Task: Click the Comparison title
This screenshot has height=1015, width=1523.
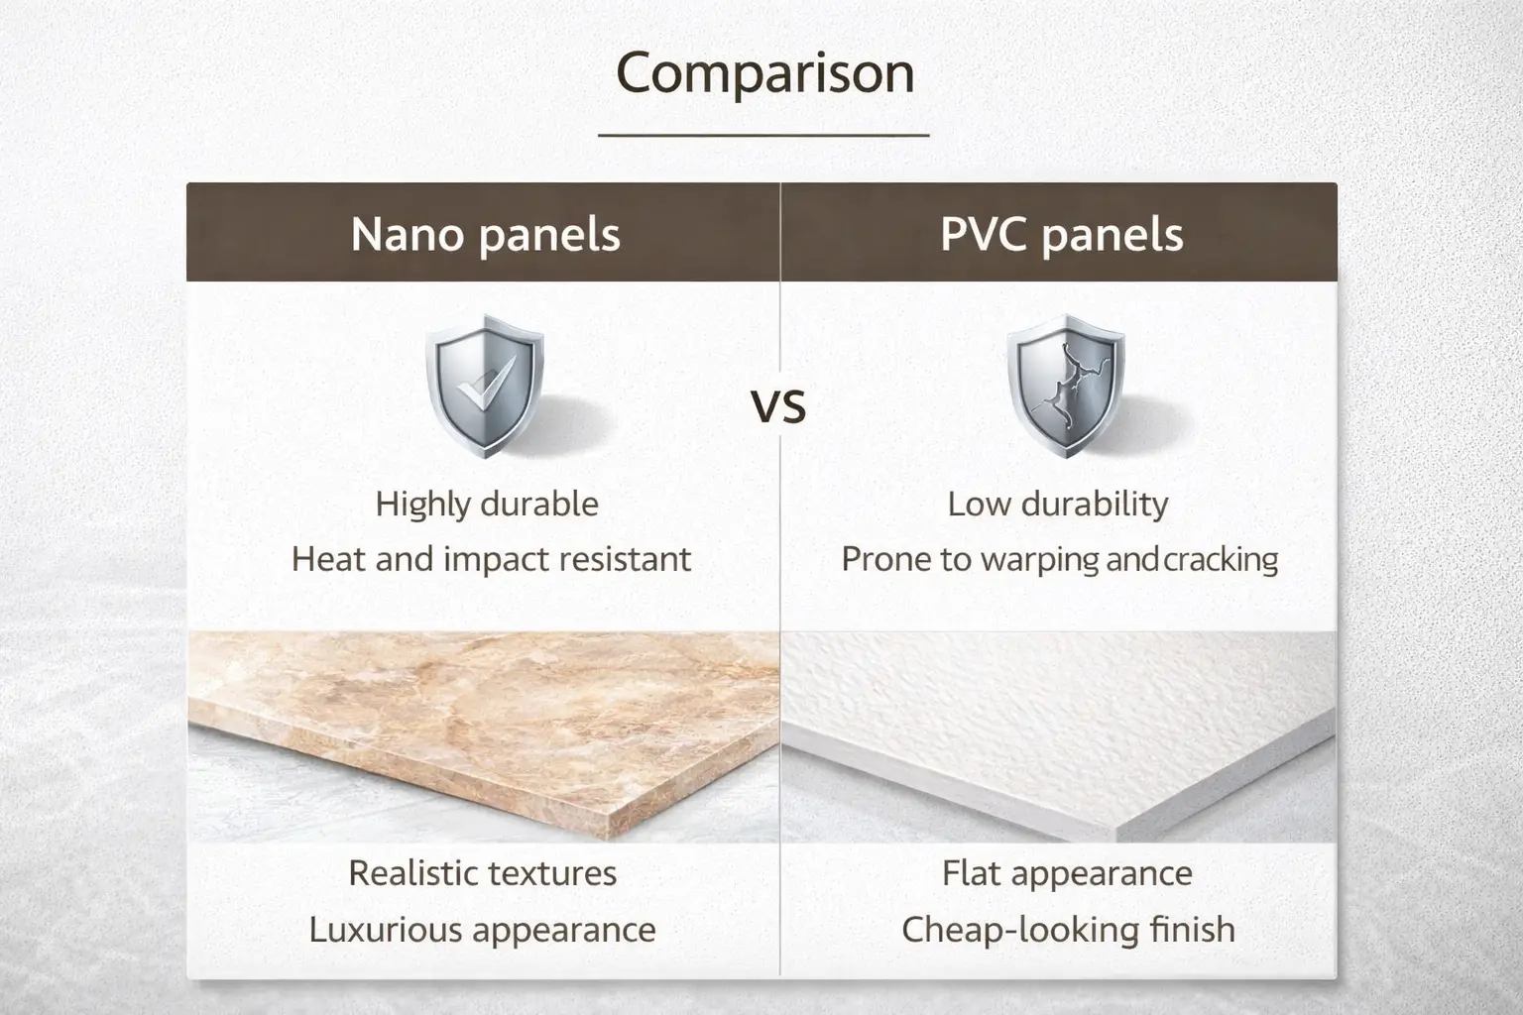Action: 764,73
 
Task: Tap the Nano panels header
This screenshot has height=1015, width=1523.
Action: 485,235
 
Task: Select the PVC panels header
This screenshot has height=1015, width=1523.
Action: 1061,235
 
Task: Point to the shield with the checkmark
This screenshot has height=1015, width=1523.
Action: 485,386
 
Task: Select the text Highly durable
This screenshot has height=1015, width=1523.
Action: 487,505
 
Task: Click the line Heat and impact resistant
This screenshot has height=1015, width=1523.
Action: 491,560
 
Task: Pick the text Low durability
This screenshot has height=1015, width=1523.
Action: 1058,505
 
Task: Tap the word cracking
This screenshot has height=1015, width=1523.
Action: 1221,560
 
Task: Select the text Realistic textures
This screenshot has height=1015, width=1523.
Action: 483,873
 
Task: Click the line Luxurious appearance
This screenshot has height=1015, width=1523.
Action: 483,930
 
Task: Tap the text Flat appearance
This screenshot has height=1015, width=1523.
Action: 1067,873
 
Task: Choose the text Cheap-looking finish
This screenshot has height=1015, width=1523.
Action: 1068,930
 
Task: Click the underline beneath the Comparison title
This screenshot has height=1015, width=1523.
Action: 763,135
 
